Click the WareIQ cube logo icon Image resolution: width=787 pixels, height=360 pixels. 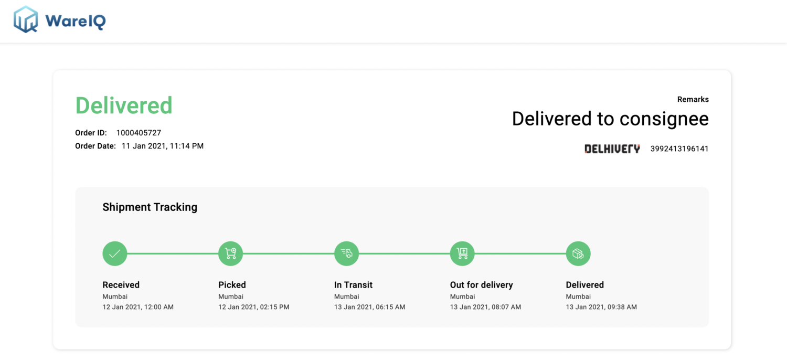pos(26,19)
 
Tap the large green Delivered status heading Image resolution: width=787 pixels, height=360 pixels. pos(124,105)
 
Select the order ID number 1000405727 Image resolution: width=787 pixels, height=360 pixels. pos(139,133)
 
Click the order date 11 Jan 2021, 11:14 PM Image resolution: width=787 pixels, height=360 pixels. pos(162,146)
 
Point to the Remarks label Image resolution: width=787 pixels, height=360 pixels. pos(693,100)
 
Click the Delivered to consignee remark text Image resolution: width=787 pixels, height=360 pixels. pos(610,119)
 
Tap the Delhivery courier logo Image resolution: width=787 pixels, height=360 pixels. pos(612,149)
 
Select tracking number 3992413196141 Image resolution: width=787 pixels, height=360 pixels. pos(679,149)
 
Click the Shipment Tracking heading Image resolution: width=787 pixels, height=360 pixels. pos(150,207)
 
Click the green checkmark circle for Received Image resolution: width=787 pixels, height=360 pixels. pos(115,253)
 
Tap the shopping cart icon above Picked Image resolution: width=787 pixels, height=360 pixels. pos(230,253)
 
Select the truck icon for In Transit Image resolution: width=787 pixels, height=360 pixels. pos(346,253)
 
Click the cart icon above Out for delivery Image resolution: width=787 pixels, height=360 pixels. pos(462,253)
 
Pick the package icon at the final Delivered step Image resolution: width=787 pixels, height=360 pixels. pos(578,253)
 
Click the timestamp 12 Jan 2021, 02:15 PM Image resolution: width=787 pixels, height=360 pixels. pos(253,307)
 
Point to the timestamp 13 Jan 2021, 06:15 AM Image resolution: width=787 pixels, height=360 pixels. pos(369,307)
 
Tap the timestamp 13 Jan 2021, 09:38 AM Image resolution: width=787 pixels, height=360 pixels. pos(601,307)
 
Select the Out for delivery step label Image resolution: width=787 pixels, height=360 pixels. pos(481,285)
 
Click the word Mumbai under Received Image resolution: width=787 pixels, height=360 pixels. pos(115,297)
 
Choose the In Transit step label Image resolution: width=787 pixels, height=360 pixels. pos(353,285)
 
